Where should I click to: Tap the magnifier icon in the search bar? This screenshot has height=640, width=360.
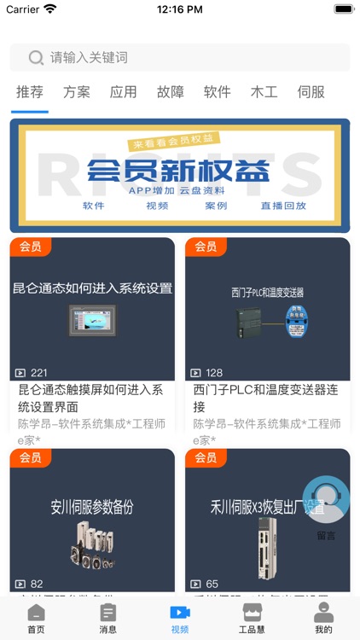click(x=36, y=58)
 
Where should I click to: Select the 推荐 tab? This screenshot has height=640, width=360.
click(x=30, y=92)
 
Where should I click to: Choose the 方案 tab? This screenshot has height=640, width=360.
click(x=77, y=92)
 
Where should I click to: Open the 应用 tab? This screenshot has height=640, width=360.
click(x=124, y=92)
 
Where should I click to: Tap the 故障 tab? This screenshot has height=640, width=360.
click(x=171, y=92)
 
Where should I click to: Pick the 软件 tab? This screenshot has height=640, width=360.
click(x=218, y=92)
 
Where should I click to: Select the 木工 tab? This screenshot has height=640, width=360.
click(x=264, y=92)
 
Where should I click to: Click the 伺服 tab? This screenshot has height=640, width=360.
click(x=311, y=92)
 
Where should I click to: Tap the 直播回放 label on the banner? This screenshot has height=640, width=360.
click(x=283, y=206)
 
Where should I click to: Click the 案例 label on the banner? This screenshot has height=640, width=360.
click(x=216, y=206)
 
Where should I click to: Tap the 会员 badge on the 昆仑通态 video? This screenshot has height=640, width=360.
click(x=31, y=247)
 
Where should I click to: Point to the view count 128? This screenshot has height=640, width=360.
click(x=214, y=373)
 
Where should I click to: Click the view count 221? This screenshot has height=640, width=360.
click(x=39, y=373)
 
